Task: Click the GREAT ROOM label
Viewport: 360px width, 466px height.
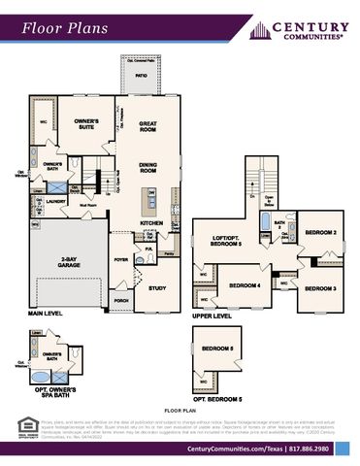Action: pos(148,126)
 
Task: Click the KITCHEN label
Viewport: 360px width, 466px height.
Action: pos(150,222)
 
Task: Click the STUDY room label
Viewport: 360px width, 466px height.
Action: pos(157,288)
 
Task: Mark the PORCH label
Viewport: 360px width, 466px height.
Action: pos(121,301)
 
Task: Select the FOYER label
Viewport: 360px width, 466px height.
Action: pos(121,260)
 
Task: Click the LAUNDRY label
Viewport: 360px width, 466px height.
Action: pos(54,201)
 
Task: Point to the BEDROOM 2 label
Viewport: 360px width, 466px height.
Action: pos(321,233)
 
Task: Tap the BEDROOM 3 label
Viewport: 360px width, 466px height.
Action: pos(320,288)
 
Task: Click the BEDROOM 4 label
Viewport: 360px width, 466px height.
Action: pos(245,285)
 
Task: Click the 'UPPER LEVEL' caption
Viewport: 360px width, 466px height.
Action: pos(212,316)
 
